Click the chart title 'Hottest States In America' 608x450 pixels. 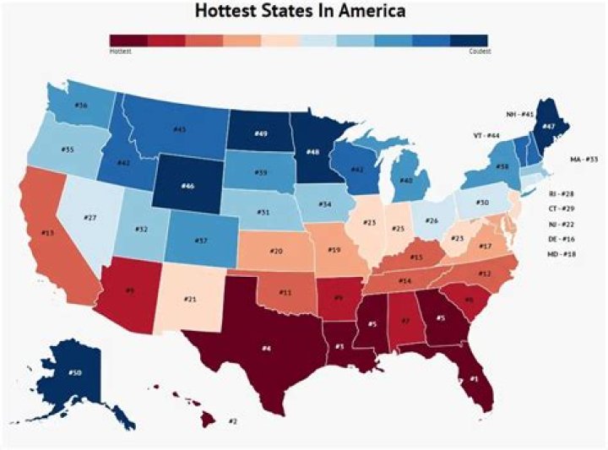[x=300, y=12]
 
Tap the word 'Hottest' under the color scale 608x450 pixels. [x=120, y=52]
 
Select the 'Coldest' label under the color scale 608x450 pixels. [x=480, y=52]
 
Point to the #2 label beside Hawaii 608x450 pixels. [x=233, y=420]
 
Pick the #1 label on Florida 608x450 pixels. [x=473, y=379]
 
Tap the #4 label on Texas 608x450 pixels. [x=266, y=347]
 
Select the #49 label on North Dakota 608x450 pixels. [x=261, y=133]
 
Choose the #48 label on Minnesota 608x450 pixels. [x=312, y=152]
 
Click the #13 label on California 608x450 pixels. [x=47, y=231]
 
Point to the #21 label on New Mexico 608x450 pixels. [x=191, y=300]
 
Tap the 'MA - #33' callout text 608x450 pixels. [x=583, y=159]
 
